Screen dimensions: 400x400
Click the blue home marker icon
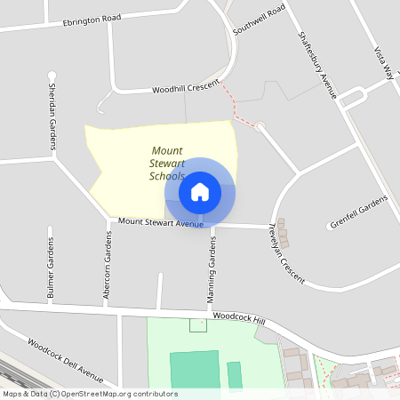click(200, 191)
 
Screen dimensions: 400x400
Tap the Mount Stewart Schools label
click(167, 164)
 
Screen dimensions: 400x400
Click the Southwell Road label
click(259, 19)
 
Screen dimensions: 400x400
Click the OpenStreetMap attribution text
click(89, 394)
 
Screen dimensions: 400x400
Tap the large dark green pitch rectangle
click(194, 368)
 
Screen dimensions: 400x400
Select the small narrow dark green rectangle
click(235, 374)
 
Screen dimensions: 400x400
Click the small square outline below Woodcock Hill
click(198, 324)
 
